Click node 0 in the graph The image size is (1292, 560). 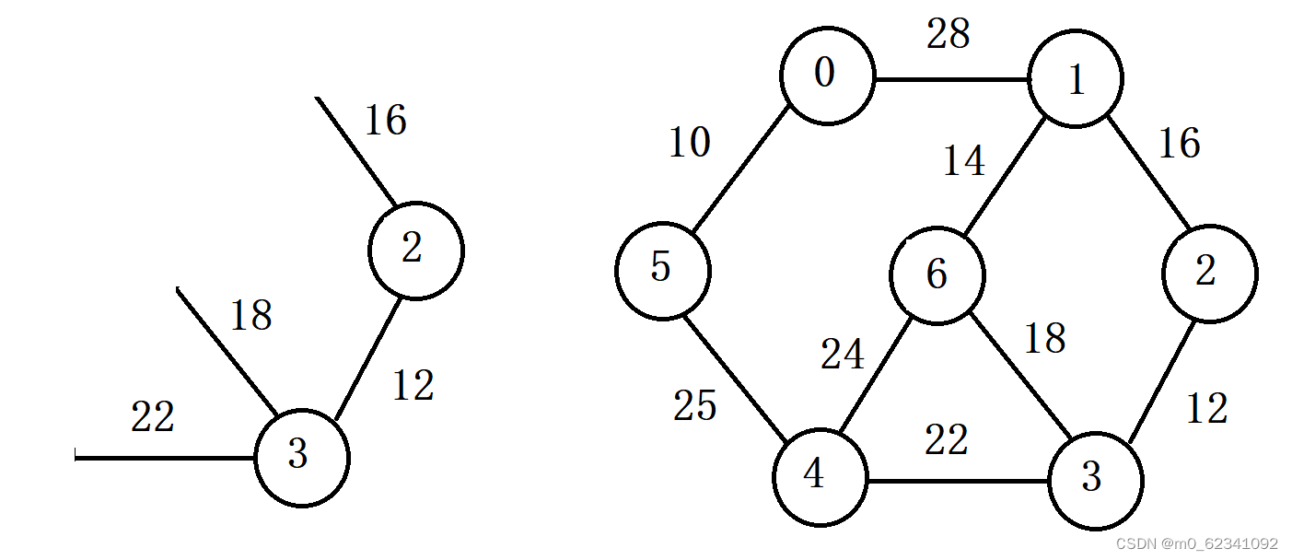click(x=826, y=76)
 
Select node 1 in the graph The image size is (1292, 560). click(x=1075, y=80)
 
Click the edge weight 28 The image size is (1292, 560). click(x=949, y=35)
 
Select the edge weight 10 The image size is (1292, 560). click(x=689, y=143)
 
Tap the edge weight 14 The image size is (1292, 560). click(x=963, y=162)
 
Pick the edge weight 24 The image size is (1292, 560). click(x=843, y=355)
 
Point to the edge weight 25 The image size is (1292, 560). click(x=694, y=405)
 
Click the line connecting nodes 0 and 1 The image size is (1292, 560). click(x=950, y=79)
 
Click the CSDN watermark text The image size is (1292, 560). click(x=1196, y=544)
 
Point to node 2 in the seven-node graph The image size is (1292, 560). click(x=1208, y=274)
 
